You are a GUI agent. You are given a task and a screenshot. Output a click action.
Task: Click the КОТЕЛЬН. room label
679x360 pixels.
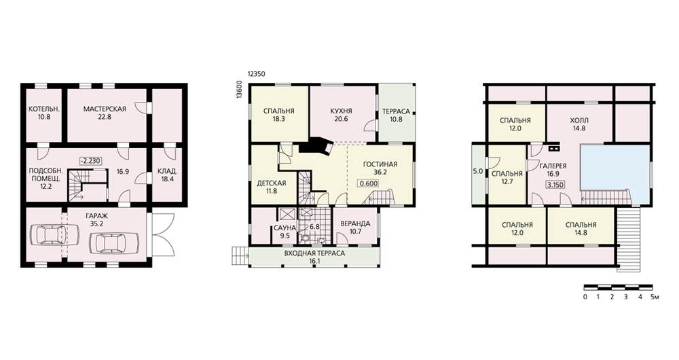click(x=44, y=109)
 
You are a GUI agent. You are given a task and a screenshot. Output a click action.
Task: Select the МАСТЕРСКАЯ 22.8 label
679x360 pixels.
click(x=105, y=113)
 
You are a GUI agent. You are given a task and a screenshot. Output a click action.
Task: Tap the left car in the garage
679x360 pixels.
click(x=54, y=236)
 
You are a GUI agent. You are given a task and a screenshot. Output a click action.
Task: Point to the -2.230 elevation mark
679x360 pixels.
click(x=90, y=161)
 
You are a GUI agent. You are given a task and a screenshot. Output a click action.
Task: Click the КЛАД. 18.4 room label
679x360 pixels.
click(x=167, y=175)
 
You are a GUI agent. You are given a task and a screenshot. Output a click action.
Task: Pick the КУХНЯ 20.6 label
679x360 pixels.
click(x=342, y=115)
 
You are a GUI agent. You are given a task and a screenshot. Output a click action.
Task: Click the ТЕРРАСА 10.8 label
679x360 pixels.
click(x=396, y=115)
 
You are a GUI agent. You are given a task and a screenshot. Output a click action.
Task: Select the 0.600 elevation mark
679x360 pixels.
click(x=369, y=183)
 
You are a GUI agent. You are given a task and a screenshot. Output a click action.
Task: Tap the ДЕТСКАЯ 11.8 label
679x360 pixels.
click(x=272, y=187)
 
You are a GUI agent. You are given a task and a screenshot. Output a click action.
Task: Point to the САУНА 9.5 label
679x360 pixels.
click(x=285, y=232)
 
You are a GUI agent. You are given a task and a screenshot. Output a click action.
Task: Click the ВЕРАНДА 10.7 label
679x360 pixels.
click(x=355, y=228)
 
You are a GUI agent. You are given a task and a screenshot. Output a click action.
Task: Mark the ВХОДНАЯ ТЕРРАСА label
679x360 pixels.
click(x=314, y=253)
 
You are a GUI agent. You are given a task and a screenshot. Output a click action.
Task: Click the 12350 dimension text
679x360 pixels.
click(x=257, y=74)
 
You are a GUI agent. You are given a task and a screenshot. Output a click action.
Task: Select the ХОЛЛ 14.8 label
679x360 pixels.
click(x=579, y=124)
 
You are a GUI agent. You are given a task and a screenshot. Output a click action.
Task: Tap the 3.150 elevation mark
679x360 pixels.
click(x=555, y=185)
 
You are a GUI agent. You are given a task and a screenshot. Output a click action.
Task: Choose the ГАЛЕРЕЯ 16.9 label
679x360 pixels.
click(x=553, y=170)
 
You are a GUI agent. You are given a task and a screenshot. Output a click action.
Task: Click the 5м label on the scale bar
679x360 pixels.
click(x=655, y=298)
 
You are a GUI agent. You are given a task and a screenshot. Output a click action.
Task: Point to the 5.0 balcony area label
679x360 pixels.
click(x=477, y=171)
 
